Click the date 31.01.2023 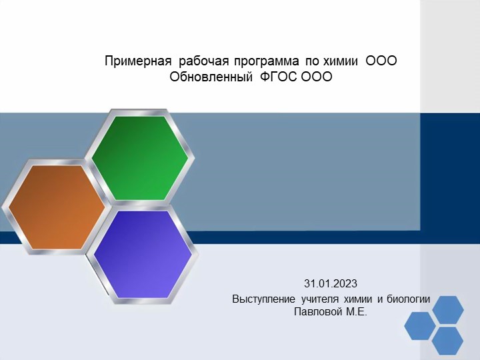pos(331,283)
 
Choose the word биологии pos(410,299)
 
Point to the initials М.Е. pos(357,311)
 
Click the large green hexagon pos(140,158)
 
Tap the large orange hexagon pos(56,207)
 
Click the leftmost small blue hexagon pos(419,325)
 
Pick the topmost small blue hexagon pos(447,309)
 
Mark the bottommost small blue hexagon pos(447,341)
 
